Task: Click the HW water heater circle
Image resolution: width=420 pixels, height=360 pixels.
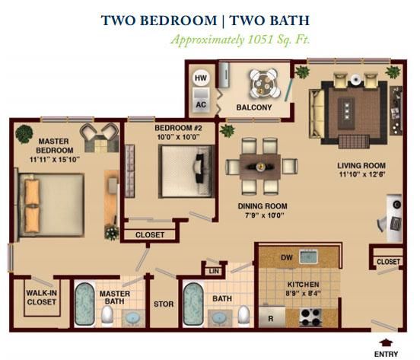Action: click(201, 78)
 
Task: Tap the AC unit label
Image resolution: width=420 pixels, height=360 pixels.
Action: click(201, 104)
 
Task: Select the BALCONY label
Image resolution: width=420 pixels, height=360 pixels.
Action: click(254, 107)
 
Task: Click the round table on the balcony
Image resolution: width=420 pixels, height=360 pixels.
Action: click(264, 84)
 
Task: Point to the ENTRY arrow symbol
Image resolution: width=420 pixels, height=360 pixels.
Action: click(386, 342)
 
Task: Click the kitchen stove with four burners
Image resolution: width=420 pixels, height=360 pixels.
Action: click(310, 317)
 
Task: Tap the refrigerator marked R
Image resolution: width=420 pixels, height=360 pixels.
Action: click(272, 317)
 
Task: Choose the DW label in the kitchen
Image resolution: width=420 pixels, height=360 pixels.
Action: click(287, 258)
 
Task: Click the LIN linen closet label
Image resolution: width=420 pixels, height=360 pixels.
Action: click(214, 272)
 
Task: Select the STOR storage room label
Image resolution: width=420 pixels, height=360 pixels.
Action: click(164, 304)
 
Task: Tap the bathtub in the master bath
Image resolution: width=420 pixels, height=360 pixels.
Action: click(84, 304)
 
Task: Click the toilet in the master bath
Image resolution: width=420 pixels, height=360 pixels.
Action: click(107, 316)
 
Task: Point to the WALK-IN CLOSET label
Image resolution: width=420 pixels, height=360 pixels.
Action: click(42, 298)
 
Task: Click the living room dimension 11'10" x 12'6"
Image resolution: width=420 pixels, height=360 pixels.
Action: click(362, 174)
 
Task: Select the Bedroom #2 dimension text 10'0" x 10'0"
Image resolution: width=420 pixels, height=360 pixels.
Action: click(178, 137)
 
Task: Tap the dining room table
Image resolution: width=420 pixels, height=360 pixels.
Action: click(260, 167)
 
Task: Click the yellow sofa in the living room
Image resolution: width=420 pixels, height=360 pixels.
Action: click(317, 114)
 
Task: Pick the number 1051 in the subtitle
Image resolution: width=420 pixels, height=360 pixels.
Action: click(259, 40)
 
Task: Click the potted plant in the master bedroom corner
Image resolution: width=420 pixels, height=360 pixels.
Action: click(24, 134)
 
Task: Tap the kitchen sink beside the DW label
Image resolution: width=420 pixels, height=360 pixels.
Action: click(309, 256)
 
